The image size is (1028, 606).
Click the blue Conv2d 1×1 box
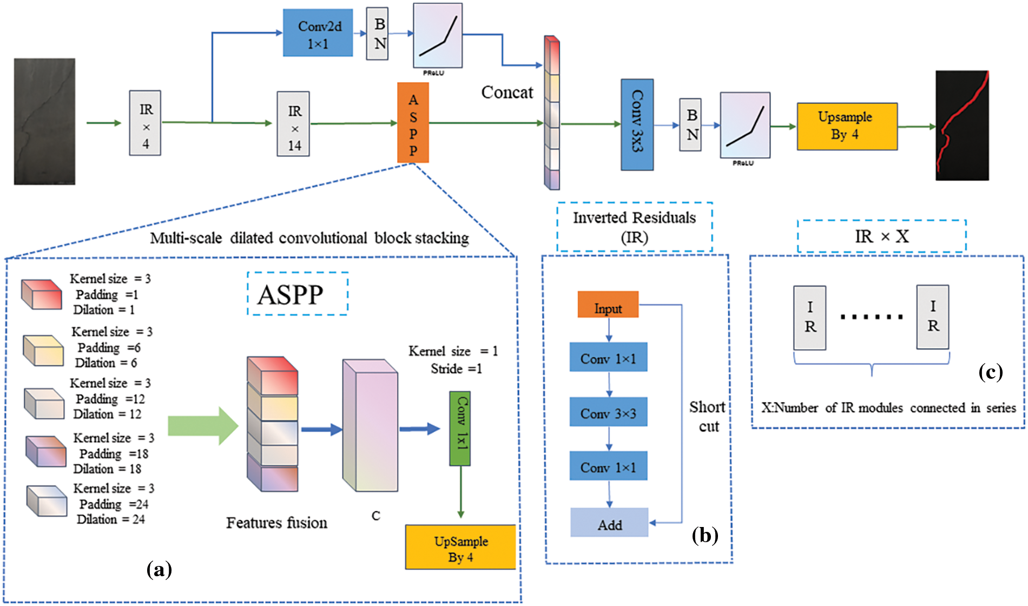coord(318,33)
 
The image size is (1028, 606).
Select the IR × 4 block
coord(145,123)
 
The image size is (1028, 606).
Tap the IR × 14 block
coord(293,124)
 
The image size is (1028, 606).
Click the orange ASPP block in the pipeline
coord(413,123)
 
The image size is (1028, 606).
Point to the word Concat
coord(507,93)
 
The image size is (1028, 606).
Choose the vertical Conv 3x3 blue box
coord(637,124)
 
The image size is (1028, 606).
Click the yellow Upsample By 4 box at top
coord(847,127)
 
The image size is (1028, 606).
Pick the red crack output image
coord(962,125)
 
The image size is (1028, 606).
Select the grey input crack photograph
coord(44,122)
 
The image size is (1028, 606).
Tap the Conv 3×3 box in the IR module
coord(608,412)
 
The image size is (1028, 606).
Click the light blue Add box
coord(609,523)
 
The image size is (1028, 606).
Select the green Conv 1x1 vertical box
coord(460,429)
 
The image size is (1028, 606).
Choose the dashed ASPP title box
coord(297,294)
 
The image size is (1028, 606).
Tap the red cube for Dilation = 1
coord(42,294)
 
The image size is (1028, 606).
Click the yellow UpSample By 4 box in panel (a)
coord(460,547)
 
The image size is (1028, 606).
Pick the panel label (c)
coord(990,372)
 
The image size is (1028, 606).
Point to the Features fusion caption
coord(276,523)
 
